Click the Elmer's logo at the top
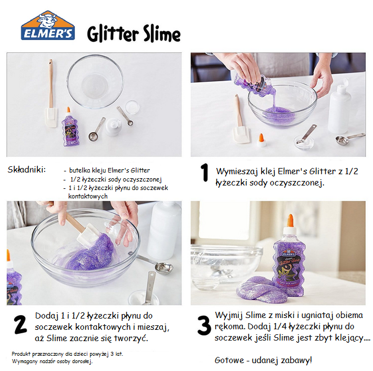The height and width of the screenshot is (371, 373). coord(48,25)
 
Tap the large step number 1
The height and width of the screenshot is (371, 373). coord(205,173)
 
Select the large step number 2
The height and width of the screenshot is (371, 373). coord(20,324)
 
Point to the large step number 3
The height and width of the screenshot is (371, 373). coord(204,325)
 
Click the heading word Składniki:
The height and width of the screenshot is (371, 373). coord(26,170)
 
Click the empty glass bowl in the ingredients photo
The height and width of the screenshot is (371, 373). coord(95,81)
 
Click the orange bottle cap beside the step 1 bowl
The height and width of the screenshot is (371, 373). coord(261,140)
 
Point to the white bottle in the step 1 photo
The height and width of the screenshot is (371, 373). coord(339,106)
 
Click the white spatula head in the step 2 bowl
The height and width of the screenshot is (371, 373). coord(87,235)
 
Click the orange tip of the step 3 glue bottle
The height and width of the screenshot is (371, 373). coord(290,220)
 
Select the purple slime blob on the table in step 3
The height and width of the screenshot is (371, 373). coord(261,289)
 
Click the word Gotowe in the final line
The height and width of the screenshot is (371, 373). coord(229,360)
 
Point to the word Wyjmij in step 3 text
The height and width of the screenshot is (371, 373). coord(229,315)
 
